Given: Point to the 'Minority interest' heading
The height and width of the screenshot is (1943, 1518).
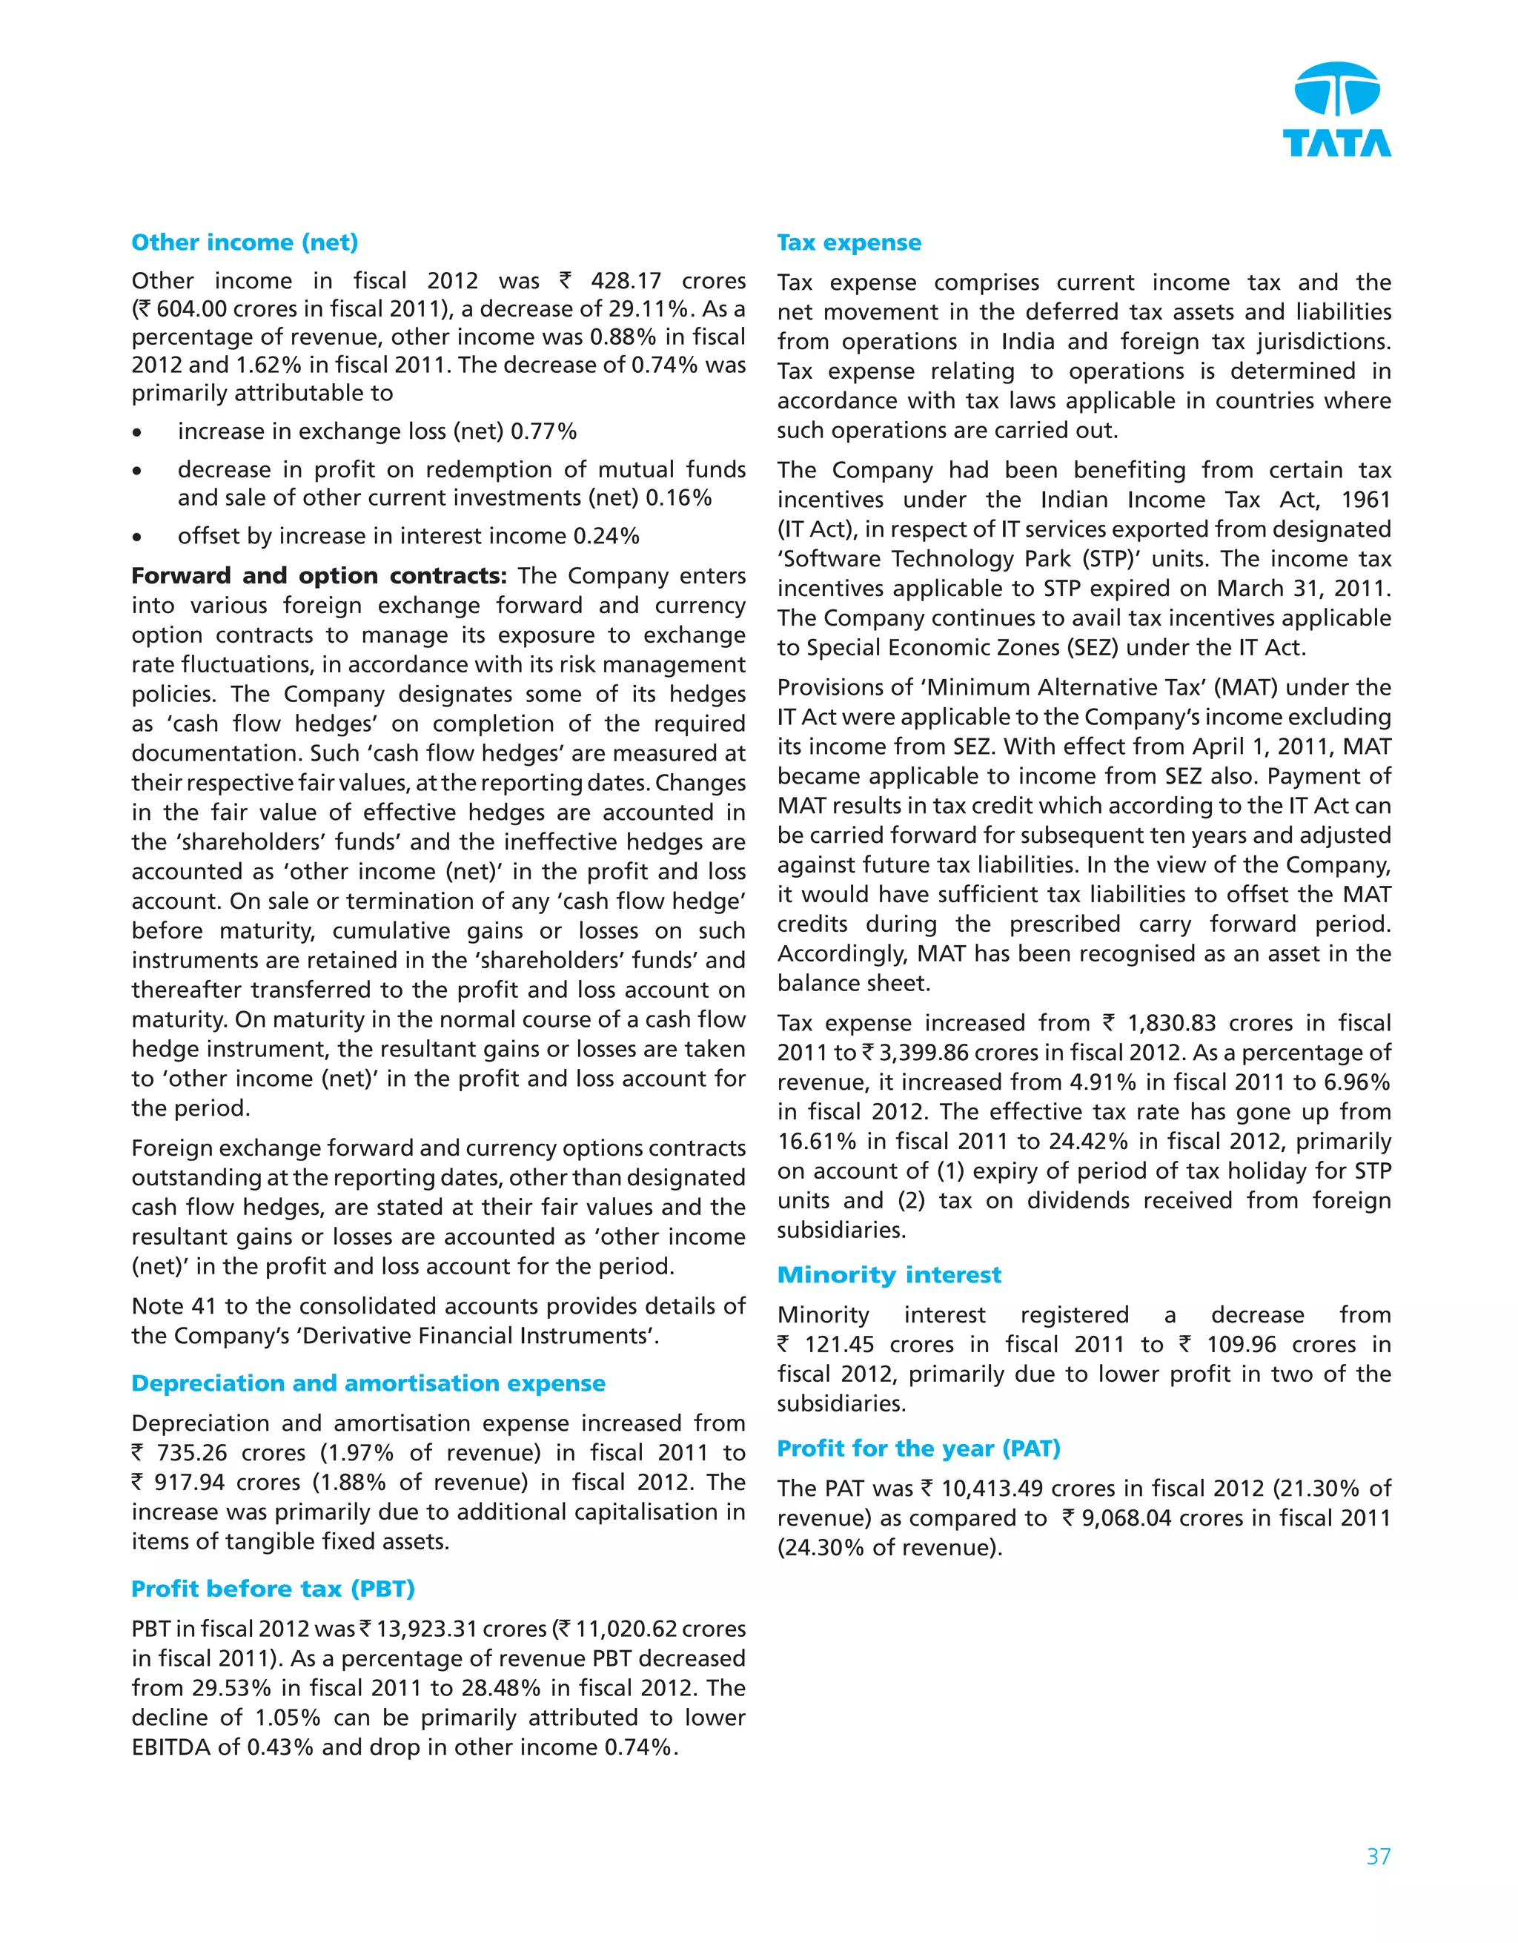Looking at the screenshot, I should (889, 1275).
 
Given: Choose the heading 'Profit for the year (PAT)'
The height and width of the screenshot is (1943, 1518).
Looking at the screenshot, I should (918, 1449).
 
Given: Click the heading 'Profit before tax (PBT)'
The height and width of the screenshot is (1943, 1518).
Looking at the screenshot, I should (273, 1589).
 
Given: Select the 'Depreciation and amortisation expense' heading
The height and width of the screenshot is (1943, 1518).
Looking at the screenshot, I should (368, 1383).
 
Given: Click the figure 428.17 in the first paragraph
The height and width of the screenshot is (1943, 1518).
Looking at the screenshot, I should (626, 281).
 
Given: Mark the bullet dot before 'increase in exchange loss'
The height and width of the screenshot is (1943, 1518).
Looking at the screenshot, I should (137, 433).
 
